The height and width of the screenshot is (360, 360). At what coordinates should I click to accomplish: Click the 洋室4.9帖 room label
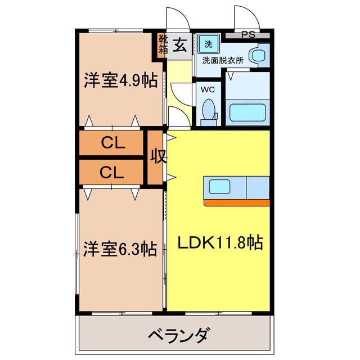pyautogui.click(x=121, y=80)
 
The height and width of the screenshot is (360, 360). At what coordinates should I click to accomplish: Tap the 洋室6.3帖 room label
pyautogui.click(x=120, y=249)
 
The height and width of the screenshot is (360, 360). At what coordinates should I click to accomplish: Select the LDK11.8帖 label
pyautogui.click(x=220, y=242)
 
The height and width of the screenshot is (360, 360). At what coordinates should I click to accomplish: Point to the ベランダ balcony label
pyautogui.click(x=179, y=335)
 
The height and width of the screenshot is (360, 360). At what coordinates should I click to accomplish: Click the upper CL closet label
pyautogui.click(x=113, y=143)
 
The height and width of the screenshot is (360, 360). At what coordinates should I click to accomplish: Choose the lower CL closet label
pyautogui.click(x=112, y=172)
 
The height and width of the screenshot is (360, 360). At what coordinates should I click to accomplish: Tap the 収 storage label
pyautogui.click(x=158, y=156)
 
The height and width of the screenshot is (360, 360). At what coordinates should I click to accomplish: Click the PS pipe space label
pyautogui.click(x=248, y=34)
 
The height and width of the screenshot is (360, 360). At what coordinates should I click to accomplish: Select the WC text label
pyautogui.click(x=208, y=89)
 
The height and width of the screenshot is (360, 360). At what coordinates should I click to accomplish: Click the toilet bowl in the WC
pyautogui.click(x=209, y=110)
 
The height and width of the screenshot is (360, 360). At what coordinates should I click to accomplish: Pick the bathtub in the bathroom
pyautogui.click(x=247, y=112)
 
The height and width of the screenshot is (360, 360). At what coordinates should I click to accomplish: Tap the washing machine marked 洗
pyautogui.click(x=209, y=44)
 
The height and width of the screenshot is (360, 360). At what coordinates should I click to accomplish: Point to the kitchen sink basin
pyautogui.click(x=219, y=186)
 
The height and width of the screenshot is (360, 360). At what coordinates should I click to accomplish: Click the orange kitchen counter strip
pyautogui.click(x=237, y=202)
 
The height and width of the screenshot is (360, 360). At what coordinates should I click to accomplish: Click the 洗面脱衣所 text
pyautogui.click(x=223, y=61)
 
